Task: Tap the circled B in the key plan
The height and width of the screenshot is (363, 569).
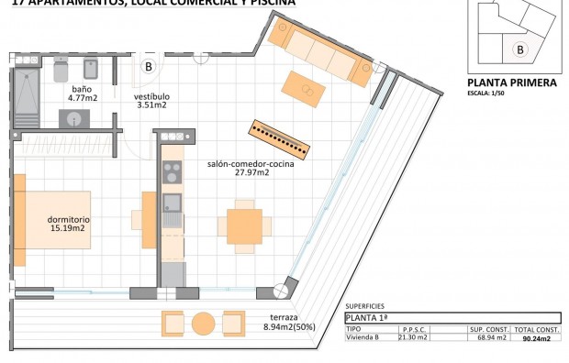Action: [x=520, y=49]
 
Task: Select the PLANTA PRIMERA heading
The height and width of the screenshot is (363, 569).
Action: [x=512, y=82]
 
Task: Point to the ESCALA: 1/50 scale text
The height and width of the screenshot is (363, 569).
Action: [x=491, y=93]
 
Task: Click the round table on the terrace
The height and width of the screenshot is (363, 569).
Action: [x=203, y=324]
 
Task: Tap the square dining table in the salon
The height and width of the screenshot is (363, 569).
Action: [x=243, y=225]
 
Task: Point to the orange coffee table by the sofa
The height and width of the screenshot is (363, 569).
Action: [x=303, y=88]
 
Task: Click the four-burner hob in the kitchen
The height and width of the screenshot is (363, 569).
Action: [x=172, y=170]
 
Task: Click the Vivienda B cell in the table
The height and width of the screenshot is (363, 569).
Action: [x=363, y=337]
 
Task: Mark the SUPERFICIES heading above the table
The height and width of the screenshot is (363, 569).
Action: [x=364, y=306]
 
